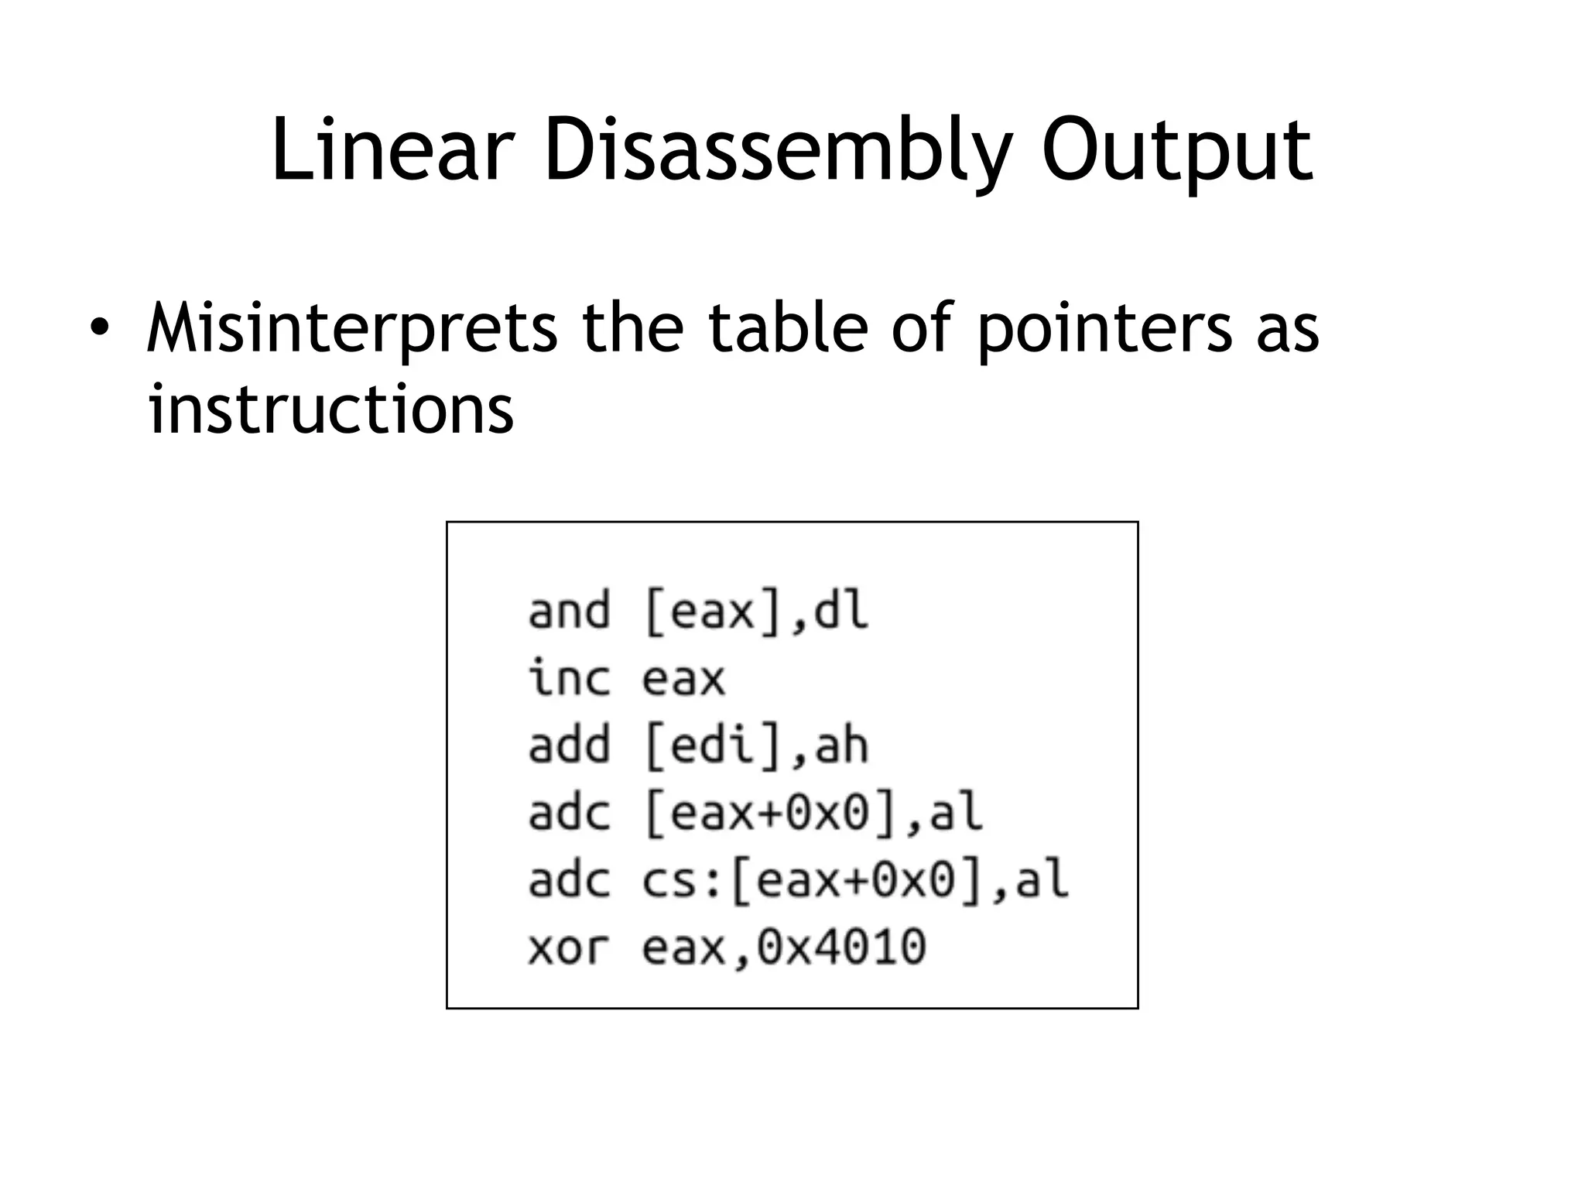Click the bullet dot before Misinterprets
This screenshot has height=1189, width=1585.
click(98, 327)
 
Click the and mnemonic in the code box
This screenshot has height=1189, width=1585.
click(569, 611)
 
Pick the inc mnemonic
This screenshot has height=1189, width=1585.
click(569, 678)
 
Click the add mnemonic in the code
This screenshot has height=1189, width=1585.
click(569, 745)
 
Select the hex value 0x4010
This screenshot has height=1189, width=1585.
click(841, 947)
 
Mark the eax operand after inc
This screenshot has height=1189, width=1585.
click(684, 678)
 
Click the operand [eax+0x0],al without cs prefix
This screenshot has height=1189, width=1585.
click(813, 813)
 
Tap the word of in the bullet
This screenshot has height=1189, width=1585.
click(922, 327)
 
